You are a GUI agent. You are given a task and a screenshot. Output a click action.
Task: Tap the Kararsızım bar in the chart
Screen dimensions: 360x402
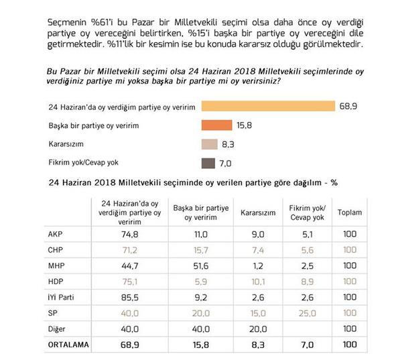click(209, 143)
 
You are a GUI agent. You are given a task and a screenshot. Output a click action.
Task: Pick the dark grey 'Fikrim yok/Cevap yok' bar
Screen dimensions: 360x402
click(208, 162)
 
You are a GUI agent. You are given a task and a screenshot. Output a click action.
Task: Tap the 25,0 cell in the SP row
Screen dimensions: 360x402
click(306, 313)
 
